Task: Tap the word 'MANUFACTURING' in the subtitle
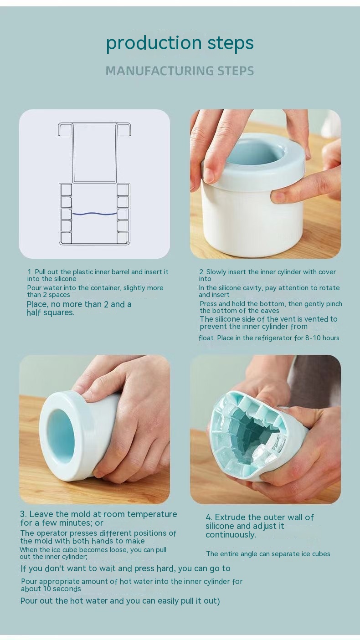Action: [159, 71]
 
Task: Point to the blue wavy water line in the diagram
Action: [94, 214]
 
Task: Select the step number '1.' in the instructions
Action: [30, 271]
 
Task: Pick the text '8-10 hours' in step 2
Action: [323, 338]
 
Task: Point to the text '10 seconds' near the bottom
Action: [62, 589]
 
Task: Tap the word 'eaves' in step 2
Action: [270, 311]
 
